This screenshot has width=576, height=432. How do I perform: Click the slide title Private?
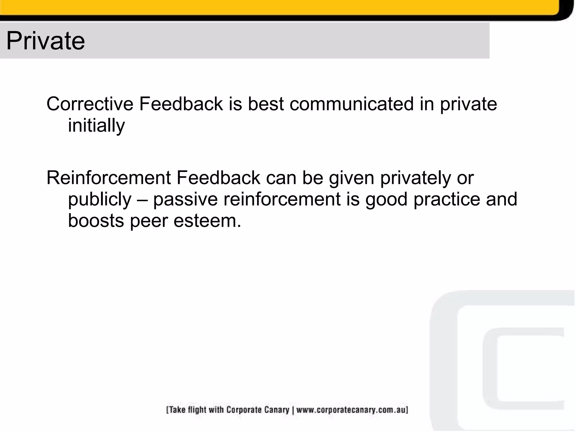click(45, 41)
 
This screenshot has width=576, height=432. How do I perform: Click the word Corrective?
click(90, 104)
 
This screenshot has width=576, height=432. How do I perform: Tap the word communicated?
click(352, 104)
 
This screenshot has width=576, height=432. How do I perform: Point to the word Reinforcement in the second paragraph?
click(109, 178)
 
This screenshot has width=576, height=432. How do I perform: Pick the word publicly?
click(100, 199)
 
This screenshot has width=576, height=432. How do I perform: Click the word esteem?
click(207, 221)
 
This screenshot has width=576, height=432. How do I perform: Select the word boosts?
click(96, 221)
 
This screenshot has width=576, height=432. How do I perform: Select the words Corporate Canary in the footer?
click(258, 410)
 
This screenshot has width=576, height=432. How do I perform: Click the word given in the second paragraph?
click(352, 178)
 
